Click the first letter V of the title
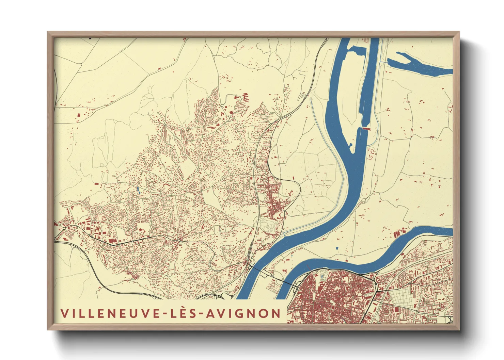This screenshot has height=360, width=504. [x=64, y=313]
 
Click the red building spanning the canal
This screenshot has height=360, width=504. [x=365, y=129]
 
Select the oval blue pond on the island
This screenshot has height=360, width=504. [x=337, y=248]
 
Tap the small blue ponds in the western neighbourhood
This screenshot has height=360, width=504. [x=138, y=190]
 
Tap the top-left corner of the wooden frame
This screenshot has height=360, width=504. [x=49, y=33]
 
